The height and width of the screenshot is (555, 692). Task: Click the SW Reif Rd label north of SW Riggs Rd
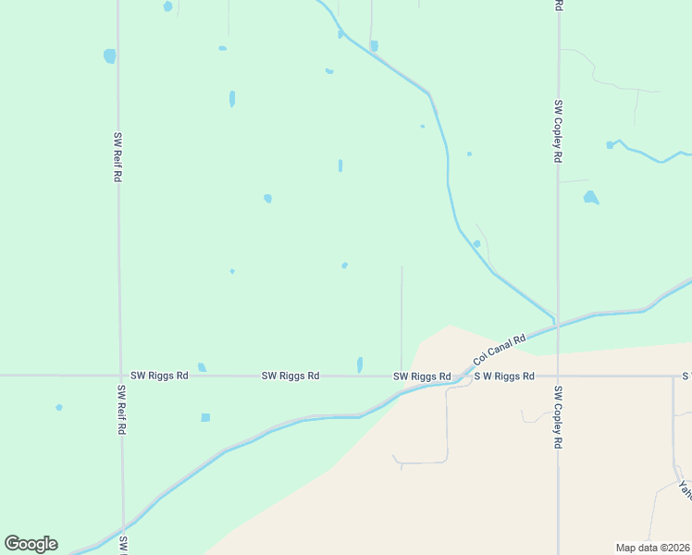point(117,156)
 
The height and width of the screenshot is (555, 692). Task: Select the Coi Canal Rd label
point(499,349)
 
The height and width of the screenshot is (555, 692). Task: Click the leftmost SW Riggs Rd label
point(159,376)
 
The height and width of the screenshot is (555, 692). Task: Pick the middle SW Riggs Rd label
point(290,376)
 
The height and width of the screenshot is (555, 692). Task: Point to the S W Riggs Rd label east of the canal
point(504,376)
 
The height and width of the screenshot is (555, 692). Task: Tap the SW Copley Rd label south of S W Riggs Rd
point(558,417)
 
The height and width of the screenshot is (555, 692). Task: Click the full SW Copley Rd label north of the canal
point(558,131)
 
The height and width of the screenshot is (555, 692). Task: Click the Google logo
point(31,544)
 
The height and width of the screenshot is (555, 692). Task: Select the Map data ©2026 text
point(653,548)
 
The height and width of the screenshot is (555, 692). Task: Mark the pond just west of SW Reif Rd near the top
point(110,55)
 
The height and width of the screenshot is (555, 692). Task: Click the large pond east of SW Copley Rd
point(590,197)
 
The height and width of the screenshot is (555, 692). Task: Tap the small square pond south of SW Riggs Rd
point(205,417)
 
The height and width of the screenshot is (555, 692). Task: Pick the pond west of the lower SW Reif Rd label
point(59,407)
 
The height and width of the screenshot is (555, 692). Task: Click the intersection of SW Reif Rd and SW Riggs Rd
point(120,376)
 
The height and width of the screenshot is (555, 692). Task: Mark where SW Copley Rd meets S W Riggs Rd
point(558,376)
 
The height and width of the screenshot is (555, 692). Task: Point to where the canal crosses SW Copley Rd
point(558,325)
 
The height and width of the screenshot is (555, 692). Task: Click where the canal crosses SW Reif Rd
point(123,534)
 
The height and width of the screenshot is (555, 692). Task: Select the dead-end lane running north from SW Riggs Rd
point(402,314)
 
